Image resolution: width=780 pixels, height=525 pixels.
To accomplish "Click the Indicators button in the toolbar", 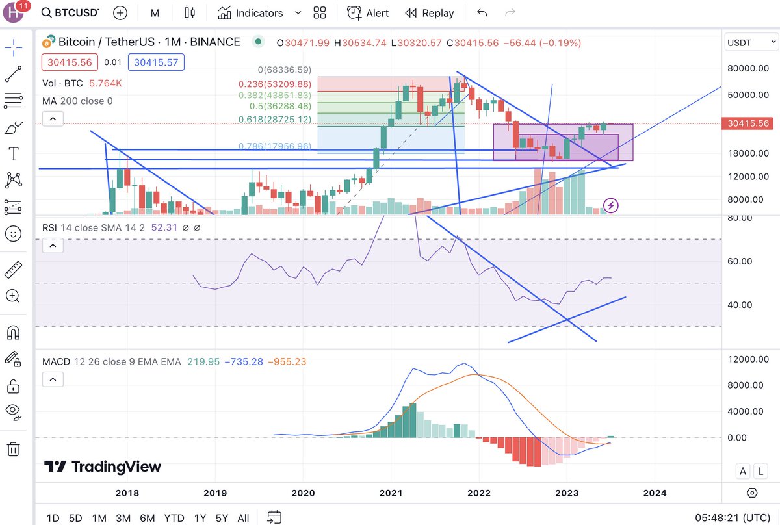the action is point(251,13).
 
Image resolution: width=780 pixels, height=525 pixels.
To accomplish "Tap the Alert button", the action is point(368,13).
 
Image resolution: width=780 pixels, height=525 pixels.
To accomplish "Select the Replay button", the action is point(430,13).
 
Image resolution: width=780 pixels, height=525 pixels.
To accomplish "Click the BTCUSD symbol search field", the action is point(70,12).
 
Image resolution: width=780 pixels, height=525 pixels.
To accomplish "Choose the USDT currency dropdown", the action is point(751,42).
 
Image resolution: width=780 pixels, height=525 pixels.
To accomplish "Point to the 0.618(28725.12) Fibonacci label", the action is point(275,119).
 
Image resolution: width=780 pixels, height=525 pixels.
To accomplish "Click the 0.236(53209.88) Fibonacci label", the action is point(275,84).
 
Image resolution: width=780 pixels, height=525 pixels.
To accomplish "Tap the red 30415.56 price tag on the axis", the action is point(747,123).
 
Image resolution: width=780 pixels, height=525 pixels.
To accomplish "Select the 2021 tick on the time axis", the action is point(391,493).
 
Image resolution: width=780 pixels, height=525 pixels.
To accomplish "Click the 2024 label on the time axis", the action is point(655,493).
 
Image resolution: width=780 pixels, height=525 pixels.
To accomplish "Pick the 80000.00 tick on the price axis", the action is point(748,68).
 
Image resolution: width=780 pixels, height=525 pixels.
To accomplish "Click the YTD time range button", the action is point(174,518).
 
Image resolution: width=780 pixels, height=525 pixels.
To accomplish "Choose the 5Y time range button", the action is point(222,518).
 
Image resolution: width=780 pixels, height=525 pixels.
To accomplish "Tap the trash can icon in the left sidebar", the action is point(13,449).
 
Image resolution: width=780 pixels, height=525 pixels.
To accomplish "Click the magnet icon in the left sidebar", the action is point(13,333).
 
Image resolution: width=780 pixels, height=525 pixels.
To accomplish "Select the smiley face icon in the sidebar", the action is point(13,234).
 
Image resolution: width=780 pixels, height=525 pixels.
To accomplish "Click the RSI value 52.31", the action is point(164,227).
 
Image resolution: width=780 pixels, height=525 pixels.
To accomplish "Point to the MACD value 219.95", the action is point(203,362).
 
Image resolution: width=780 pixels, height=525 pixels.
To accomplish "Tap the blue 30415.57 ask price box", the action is point(156,62).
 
